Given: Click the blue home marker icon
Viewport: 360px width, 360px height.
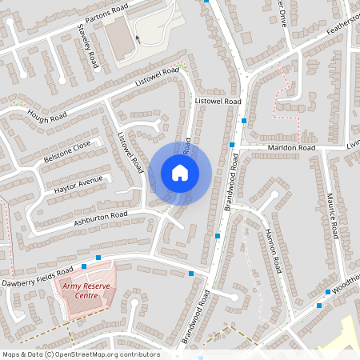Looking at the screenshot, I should pos(180,173).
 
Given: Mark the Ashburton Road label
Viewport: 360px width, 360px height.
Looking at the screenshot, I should pos(102,217).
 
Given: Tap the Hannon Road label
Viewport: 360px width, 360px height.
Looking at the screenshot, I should pos(270,248).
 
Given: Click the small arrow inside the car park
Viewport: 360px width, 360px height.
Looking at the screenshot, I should pos(138,38).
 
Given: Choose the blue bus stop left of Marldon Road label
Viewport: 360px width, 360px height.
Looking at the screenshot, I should pos(232,145).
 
